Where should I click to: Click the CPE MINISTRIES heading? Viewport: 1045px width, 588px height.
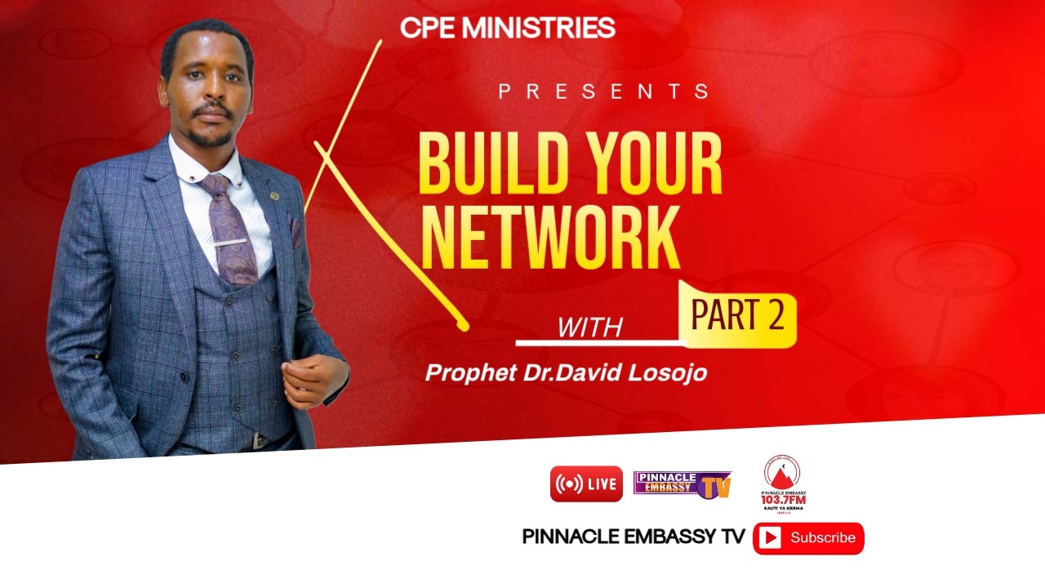pos(507,28)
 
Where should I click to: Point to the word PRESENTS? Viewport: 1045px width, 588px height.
pos(603,91)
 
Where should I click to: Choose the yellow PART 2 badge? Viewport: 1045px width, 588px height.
pos(737,315)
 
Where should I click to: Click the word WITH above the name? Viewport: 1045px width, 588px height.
pos(589,327)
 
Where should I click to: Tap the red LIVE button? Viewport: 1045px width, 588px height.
pos(586,483)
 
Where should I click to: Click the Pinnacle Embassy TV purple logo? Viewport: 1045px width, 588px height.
pos(682,484)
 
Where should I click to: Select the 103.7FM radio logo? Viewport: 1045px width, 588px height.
pos(782,483)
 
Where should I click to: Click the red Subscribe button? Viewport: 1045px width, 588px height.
pos(808,537)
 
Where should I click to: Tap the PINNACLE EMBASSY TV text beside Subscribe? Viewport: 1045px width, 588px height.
pos(634,537)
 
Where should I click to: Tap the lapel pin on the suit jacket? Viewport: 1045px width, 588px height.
pos(275,196)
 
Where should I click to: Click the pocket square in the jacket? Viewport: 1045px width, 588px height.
pos(296,229)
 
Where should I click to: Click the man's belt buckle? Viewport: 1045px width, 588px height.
pos(260,441)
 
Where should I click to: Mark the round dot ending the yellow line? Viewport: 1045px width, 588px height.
pos(464,327)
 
